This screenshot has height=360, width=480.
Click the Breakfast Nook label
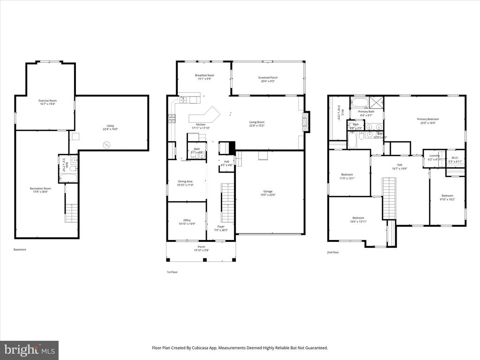pos(204,75)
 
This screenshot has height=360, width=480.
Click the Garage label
pos(268,191)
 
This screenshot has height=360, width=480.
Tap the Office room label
pos(187,220)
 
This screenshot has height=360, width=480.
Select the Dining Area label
pos(185,181)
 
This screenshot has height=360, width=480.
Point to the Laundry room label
pos(434,156)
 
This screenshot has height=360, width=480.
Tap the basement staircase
pos(71,213)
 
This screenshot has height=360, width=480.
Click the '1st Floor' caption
pos(172,272)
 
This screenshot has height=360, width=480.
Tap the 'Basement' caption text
pos(20,249)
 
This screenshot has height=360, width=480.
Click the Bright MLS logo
pos(29,350)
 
